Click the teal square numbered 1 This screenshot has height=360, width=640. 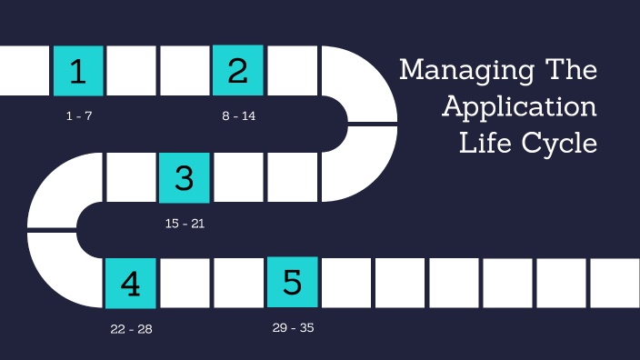78,71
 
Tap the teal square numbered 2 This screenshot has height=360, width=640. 238,71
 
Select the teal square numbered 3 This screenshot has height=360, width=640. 185,177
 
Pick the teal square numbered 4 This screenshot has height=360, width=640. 131,284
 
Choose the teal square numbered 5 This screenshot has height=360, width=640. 292,283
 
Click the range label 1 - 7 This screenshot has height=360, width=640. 79,117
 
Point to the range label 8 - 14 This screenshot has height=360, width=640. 239,117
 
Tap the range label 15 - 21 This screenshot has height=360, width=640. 185,224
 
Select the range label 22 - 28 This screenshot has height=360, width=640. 131,329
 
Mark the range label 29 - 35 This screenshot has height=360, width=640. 293,327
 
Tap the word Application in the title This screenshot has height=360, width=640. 519,107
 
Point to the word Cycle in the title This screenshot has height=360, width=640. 557,143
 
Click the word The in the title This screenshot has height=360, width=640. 569,70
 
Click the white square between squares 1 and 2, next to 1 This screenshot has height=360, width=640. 132,71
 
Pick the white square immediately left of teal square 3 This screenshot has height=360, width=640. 132,177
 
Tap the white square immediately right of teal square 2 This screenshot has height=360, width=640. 292,71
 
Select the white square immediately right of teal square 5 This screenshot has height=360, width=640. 345,283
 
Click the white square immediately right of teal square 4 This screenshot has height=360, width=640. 185,284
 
